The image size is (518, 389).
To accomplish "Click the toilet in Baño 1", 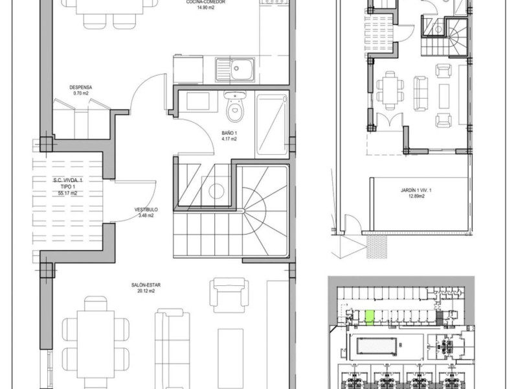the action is pos(235,106).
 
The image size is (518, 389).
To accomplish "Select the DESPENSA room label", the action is pos(80,88).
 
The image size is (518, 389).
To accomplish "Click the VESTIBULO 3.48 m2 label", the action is pos(146,213).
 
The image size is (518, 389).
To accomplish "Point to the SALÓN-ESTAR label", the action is pos(146,285).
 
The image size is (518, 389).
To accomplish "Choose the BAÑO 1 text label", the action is pos(229,133).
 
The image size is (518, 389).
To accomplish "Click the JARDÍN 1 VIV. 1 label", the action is pos(416,190).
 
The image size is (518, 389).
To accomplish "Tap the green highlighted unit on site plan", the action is pos(370,318).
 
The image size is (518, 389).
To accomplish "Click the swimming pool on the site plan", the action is pos(377,346).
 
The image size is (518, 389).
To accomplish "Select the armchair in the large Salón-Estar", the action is pos(229,295).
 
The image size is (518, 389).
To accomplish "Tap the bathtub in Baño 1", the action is pos(271,125).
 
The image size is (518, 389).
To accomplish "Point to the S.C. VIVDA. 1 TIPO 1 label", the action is pos(68,183).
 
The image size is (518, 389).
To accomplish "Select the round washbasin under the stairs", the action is pos(216,191).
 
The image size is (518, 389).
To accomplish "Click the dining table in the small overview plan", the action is pos(390,90).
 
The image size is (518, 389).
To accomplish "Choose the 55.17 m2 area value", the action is pos(67,193).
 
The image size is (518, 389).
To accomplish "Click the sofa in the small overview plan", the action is pos(420,93).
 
